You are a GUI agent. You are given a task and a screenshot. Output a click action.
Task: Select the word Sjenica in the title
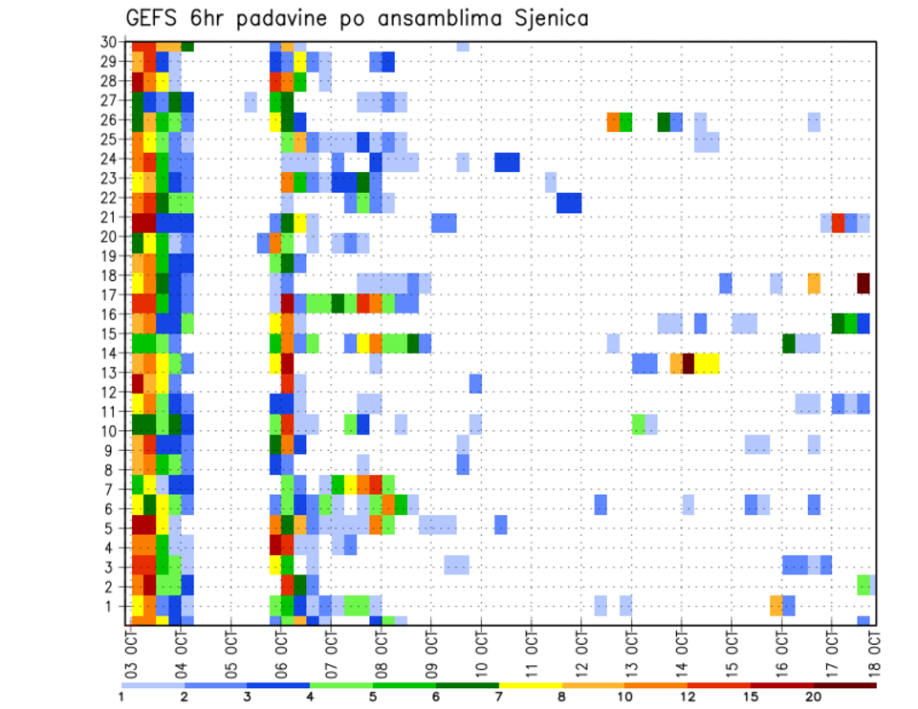tap(552, 19)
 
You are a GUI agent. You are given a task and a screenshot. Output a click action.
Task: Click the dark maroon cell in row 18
tap(863, 283)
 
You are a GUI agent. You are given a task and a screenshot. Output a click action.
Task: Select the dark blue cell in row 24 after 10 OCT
tap(507, 162)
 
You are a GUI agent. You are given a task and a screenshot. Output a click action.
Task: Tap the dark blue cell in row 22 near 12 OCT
tap(569, 203)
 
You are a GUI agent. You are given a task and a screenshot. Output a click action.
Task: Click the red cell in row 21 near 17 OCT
tap(839, 223)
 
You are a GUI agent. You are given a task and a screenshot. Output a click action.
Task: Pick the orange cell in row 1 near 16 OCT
tap(776, 605)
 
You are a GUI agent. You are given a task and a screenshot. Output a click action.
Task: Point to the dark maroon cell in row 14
tap(688, 363)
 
